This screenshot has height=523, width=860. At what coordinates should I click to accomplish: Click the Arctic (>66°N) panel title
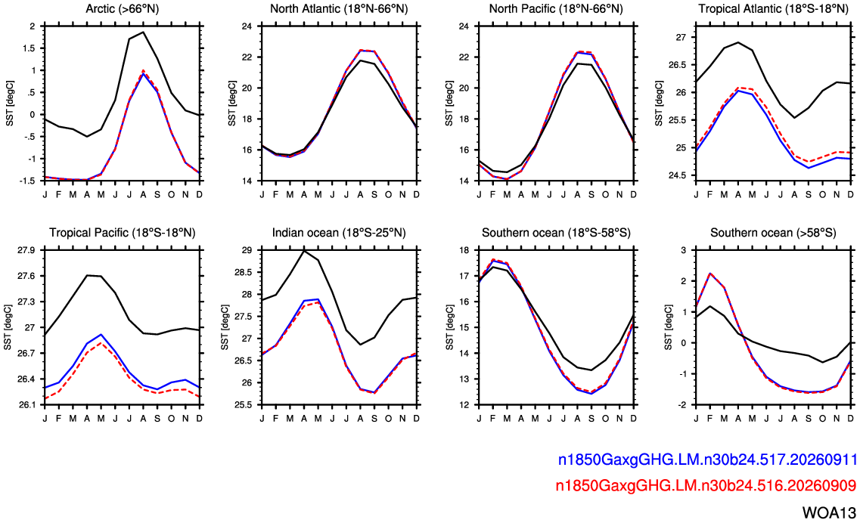[123, 9]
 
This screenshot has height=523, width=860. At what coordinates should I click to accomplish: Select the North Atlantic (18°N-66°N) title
[339, 9]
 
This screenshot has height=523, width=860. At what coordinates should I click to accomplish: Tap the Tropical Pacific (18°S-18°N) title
[123, 233]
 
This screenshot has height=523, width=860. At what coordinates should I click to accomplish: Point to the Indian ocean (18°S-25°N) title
[339, 233]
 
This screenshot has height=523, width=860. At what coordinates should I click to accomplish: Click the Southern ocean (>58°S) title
[773, 233]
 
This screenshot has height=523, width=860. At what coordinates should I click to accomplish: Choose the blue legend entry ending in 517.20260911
[707, 460]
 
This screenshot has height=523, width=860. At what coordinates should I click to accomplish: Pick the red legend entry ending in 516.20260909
[706, 485]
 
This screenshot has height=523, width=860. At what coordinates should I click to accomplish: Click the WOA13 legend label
[829, 512]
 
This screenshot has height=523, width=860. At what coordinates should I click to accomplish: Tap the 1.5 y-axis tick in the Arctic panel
[29, 48]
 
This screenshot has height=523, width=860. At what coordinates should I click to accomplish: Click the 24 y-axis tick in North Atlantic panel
[247, 26]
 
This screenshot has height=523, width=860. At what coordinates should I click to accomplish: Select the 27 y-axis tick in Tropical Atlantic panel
[681, 37]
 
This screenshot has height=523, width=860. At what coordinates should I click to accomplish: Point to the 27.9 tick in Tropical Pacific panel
[26, 250]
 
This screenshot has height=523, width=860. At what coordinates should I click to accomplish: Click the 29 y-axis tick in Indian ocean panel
[247, 250]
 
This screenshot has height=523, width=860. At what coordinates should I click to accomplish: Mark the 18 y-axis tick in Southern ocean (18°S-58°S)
[464, 250]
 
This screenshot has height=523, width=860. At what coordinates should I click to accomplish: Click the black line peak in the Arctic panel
[143, 32]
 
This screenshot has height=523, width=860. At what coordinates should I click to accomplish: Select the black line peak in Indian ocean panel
[304, 250]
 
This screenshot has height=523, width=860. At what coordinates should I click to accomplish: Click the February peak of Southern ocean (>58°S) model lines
[709, 273]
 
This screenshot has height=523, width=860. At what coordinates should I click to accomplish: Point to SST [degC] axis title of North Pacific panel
[449, 104]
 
